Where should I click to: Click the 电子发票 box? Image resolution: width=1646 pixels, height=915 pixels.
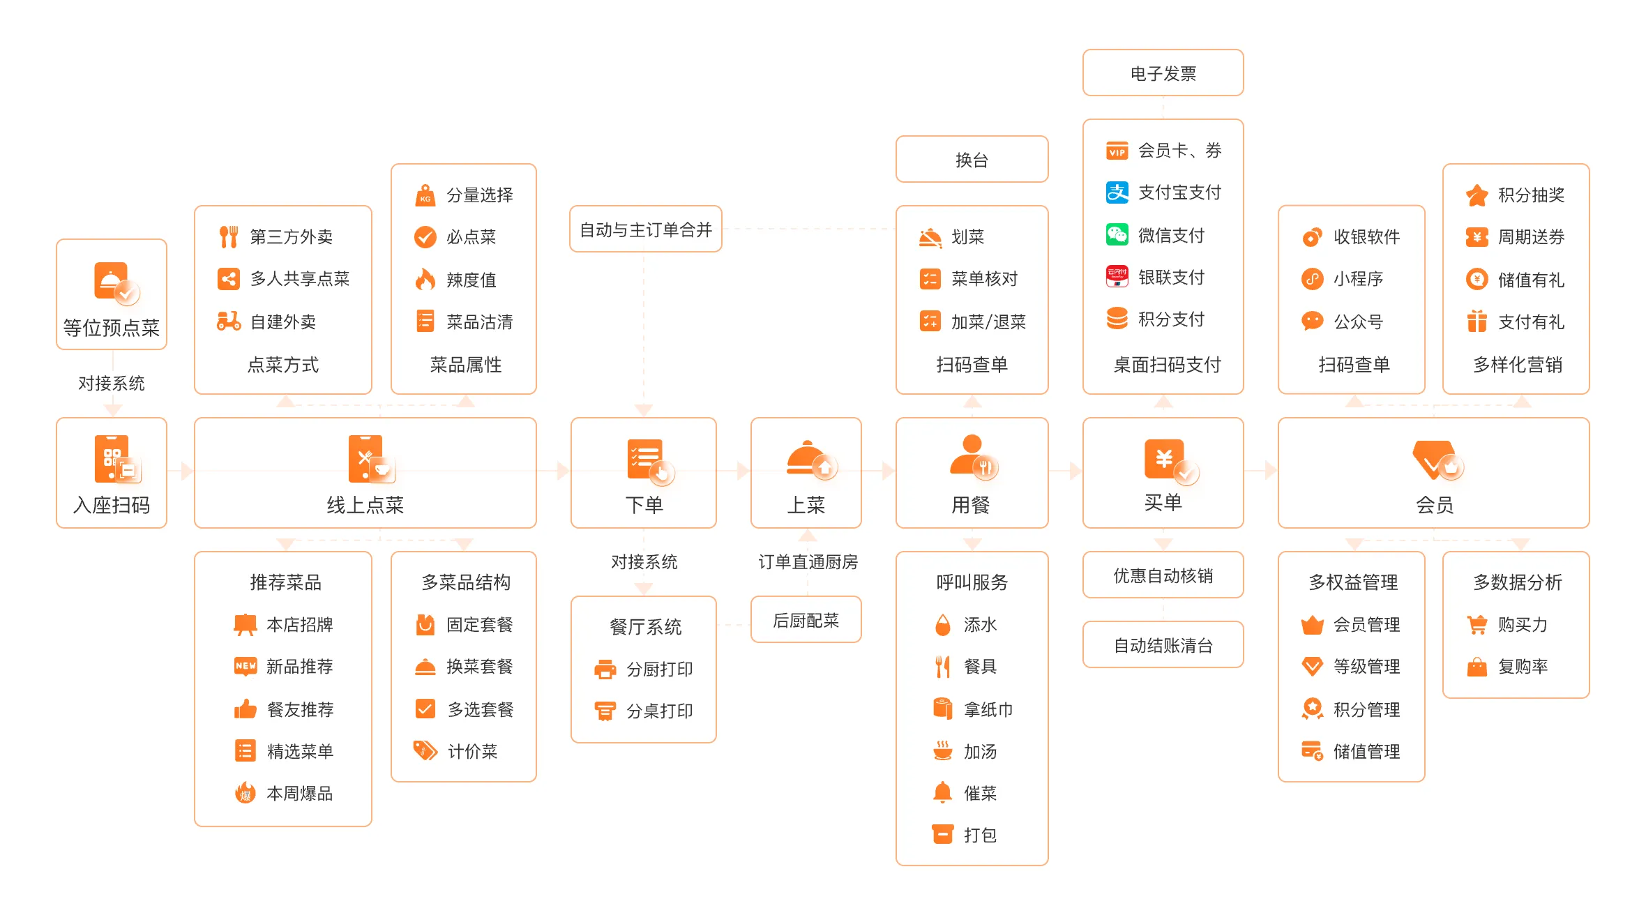click(x=1163, y=73)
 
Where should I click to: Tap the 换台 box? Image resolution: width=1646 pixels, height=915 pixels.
click(x=972, y=159)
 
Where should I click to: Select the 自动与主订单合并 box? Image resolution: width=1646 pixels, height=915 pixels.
click(x=645, y=229)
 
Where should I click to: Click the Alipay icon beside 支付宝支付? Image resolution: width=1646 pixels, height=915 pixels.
click(x=1117, y=192)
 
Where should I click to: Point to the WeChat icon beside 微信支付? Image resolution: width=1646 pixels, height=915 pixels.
click(x=1117, y=234)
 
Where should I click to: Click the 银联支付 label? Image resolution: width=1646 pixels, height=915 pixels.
click(x=1171, y=277)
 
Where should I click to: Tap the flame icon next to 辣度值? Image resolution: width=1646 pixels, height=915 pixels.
click(x=425, y=279)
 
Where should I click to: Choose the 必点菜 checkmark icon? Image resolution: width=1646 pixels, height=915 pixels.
click(x=425, y=236)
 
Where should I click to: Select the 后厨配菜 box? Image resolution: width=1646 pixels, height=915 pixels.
click(x=806, y=619)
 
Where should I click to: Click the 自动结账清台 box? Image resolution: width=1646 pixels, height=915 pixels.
click(x=1163, y=644)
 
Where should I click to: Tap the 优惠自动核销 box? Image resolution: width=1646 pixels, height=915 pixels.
click(x=1163, y=575)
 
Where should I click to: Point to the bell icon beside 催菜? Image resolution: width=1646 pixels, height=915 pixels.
click(x=942, y=792)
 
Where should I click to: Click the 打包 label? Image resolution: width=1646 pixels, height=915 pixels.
click(x=980, y=835)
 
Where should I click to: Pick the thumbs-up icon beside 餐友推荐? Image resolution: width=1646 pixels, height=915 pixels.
click(x=245, y=709)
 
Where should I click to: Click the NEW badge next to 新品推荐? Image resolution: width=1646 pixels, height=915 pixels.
click(x=245, y=666)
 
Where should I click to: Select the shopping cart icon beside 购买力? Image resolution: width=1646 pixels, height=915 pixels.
click(x=1477, y=624)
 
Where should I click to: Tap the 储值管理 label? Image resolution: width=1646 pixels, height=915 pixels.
click(x=1366, y=751)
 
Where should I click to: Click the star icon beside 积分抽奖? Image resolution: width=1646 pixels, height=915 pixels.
click(x=1477, y=195)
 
